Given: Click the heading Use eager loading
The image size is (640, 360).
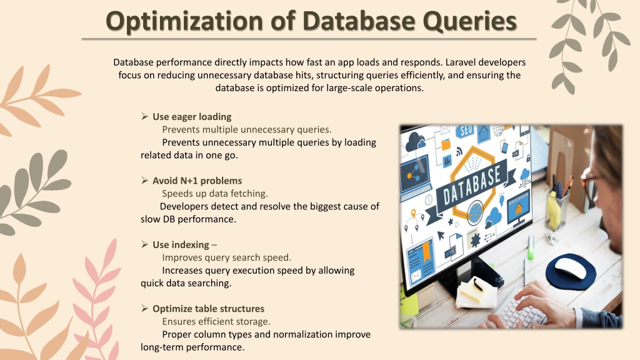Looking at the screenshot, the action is (x=192, y=117).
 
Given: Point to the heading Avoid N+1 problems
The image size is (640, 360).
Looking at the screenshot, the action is (x=197, y=181).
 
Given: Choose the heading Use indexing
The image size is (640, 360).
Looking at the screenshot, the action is (x=181, y=245).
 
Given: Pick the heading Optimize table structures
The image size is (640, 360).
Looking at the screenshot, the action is (x=209, y=309).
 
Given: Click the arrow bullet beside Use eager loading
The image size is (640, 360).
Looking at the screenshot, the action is (x=144, y=116).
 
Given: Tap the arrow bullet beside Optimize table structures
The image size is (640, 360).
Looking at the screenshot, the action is (x=144, y=309).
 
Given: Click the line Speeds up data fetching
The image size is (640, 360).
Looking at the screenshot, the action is (x=215, y=194).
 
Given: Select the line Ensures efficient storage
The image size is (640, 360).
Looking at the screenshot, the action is (x=216, y=322).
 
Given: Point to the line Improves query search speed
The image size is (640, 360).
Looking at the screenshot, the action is (x=226, y=257).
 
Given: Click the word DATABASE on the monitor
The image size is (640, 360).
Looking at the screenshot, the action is (x=472, y=185).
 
